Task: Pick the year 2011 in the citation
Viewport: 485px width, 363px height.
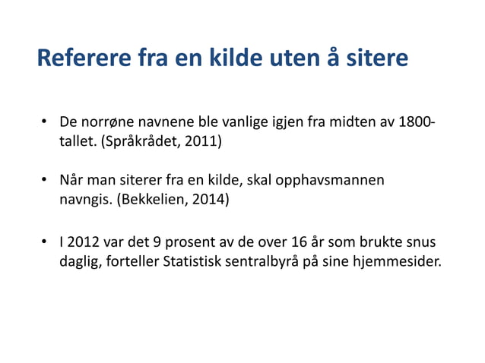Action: tap(203, 141)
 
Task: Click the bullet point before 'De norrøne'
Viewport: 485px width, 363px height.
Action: tap(45, 122)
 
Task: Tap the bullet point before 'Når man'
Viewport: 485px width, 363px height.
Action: tap(45, 181)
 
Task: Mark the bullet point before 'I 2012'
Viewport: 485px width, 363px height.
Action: tap(45, 245)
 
